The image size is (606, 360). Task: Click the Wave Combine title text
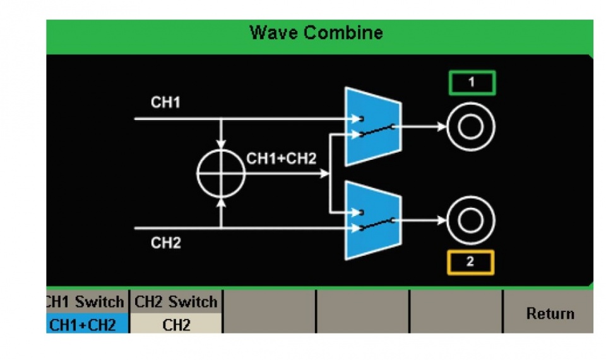[316, 32]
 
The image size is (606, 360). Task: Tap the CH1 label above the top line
[165, 103]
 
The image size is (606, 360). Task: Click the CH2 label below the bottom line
[165, 243]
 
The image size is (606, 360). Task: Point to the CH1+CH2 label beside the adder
[281, 159]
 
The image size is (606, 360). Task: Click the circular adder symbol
[220, 172]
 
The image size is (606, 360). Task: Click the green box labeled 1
[472, 83]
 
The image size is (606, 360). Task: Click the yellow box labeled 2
[470, 263]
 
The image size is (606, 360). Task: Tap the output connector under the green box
[470, 127]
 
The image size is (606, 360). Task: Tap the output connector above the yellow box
[470, 220]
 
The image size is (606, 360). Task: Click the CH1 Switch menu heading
[86, 302]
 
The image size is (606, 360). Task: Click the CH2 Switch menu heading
[176, 302]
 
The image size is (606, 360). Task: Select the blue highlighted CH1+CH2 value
[86, 325]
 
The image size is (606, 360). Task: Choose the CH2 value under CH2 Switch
[176, 325]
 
